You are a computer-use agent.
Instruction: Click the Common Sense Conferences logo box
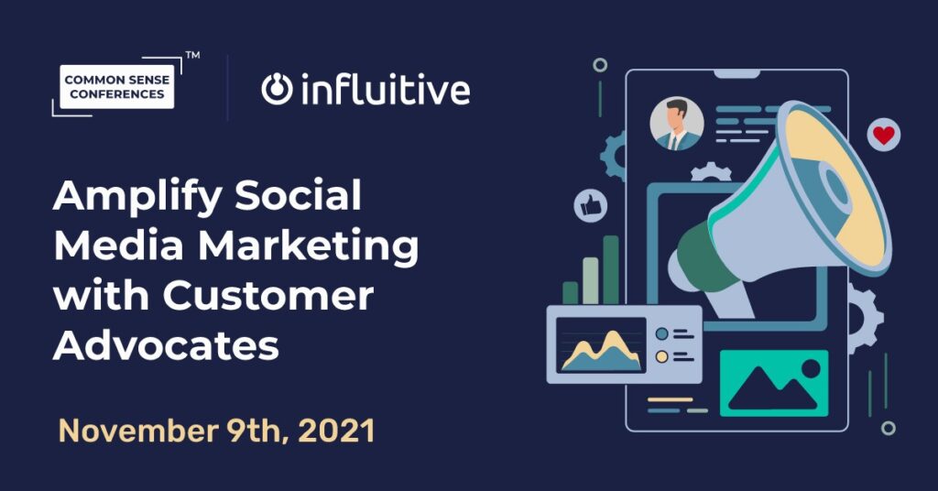pyautogui.click(x=116, y=87)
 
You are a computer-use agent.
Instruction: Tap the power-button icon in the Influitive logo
pyautogui.click(x=277, y=90)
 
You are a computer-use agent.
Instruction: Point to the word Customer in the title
pyautogui.click(x=268, y=295)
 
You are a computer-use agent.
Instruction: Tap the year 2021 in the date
pyautogui.click(x=337, y=431)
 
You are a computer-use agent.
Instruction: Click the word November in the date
pyautogui.click(x=138, y=431)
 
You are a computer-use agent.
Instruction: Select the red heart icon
pyautogui.click(x=884, y=136)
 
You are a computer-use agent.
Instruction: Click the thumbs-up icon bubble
pyautogui.click(x=591, y=206)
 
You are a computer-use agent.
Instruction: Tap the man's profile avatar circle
pyautogui.click(x=677, y=124)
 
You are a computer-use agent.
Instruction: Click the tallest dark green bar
pyautogui.click(x=611, y=269)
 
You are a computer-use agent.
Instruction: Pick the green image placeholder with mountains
pyautogui.click(x=773, y=383)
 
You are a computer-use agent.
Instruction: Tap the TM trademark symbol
pyautogui.click(x=192, y=55)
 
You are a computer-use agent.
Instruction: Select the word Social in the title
pyautogui.click(x=298, y=195)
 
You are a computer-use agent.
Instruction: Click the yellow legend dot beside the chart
pyautogui.click(x=661, y=357)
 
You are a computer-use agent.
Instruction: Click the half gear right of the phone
pyautogui.click(x=865, y=318)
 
